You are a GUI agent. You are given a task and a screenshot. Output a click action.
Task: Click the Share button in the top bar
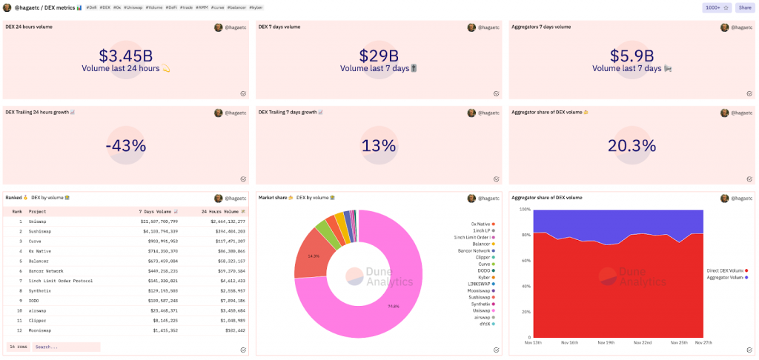point(743,7)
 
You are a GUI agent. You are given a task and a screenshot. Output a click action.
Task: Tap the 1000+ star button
point(717,7)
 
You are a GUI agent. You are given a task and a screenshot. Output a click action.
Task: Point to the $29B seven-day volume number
point(379,56)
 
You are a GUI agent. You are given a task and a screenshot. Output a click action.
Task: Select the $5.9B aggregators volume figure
point(632,56)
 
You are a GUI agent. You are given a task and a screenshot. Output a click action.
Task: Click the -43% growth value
point(126,146)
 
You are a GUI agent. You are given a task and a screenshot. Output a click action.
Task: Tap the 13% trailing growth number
point(379,146)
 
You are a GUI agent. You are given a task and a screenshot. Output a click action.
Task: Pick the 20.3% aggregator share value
point(632,146)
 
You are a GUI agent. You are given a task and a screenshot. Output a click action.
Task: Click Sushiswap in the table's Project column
point(43,231)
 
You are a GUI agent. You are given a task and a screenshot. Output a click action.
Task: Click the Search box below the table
point(65,347)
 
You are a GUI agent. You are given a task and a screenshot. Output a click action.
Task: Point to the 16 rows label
point(18,347)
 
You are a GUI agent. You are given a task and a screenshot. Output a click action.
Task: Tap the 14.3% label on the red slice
point(314,256)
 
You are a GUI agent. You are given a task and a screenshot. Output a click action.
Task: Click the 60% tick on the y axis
point(524,261)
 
